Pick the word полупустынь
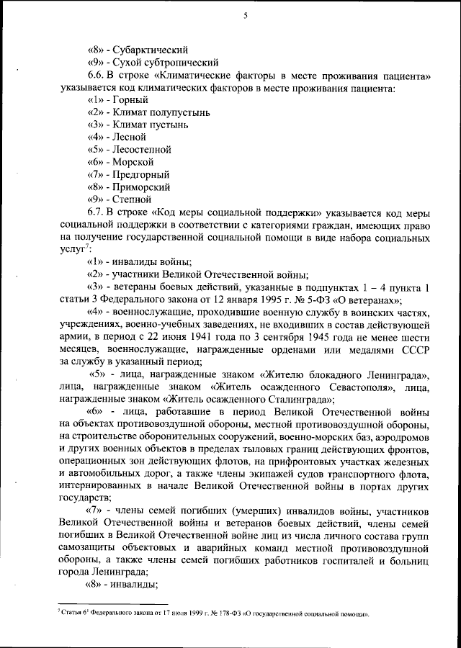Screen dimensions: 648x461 coord(183,112)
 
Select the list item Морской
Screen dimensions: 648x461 coord(134,161)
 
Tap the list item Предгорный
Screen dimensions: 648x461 coord(142,174)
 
